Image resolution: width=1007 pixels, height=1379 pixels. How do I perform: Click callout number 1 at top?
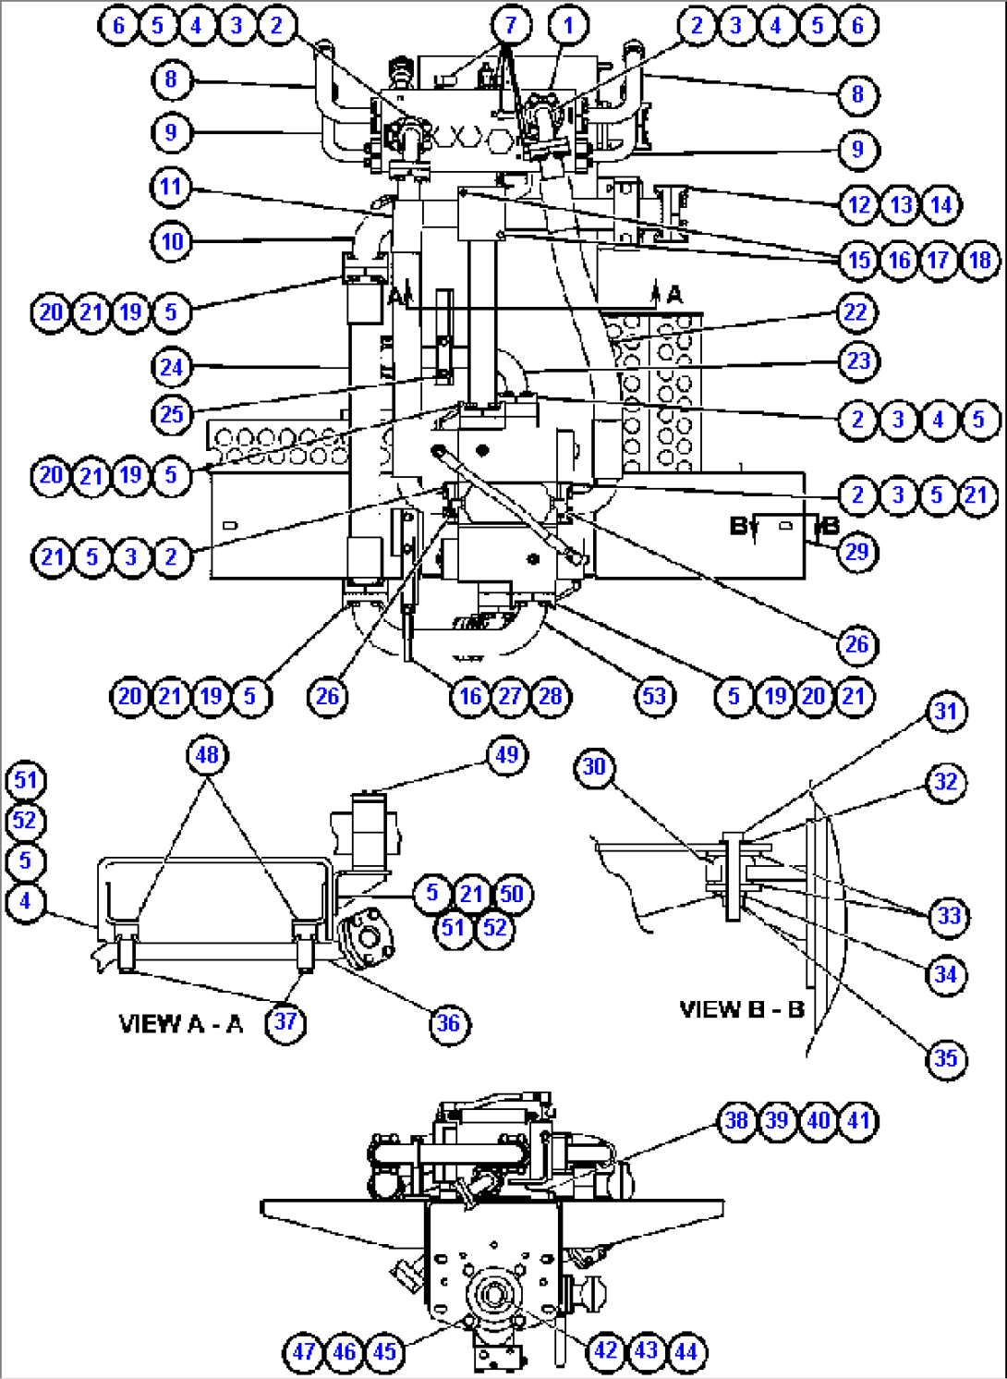click(568, 26)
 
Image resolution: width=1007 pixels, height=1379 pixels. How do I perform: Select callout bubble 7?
click(511, 26)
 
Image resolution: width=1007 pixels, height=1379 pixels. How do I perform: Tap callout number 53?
click(654, 696)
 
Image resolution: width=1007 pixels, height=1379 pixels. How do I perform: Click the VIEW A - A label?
click(181, 1024)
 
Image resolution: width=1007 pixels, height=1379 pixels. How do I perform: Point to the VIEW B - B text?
click(741, 1009)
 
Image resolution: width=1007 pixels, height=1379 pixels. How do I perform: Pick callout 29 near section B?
click(857, 552)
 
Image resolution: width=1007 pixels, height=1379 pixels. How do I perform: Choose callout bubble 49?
click(507, 755)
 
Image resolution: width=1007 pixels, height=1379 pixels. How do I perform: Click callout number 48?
click(207, 755)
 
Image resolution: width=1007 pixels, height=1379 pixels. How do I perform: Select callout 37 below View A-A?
click(285, 1021)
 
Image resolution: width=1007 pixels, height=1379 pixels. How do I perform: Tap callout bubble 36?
click(448, 1023)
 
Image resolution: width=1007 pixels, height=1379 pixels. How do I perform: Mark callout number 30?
click(594, 767)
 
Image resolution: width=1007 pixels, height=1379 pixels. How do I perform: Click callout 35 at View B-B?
click(946, 1058)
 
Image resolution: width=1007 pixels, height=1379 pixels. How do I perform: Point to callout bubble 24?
click(171, 368)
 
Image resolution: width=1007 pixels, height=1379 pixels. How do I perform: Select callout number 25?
click(171, 414)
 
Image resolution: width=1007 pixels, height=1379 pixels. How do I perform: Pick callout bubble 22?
click(855, 312)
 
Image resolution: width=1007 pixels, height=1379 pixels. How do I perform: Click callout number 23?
click(858, 360)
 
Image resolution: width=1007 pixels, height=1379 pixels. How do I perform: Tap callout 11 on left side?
click(170, 188)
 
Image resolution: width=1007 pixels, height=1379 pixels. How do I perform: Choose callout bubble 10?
click(172, 242)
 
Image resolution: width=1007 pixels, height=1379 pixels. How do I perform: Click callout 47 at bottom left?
click(304, 1352)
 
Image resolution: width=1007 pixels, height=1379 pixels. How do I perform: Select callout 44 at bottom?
click(685, 1351)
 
